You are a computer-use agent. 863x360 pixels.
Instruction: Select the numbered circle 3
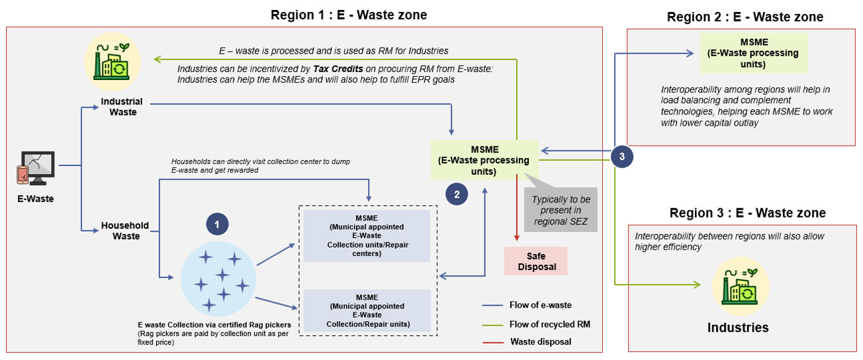(621, 157)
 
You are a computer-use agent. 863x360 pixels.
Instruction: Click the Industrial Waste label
(122, 107)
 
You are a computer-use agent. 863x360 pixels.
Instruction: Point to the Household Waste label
(124, 231)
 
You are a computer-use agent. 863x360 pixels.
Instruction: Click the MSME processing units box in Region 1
(484, 159)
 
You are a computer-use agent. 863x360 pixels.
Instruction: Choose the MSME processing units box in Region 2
(754, 52)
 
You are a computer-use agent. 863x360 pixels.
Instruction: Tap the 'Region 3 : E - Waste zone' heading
(747, 213)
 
